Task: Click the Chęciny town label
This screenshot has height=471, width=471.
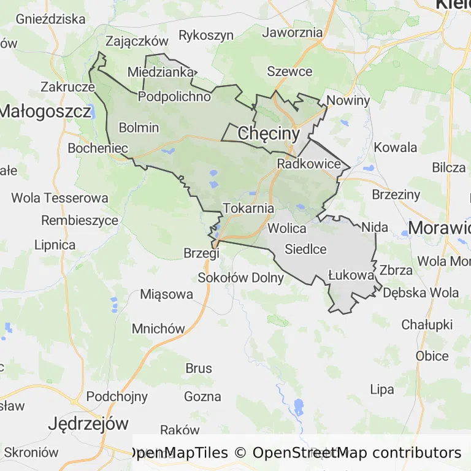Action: (x=268, y=133)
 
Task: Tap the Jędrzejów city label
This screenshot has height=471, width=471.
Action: (x=89, y=423)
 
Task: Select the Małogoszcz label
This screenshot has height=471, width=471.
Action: (x=46, y=111)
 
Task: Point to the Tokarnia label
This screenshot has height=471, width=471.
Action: (x=248, y=208)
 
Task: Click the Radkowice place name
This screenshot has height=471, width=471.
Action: (x=308, y=164)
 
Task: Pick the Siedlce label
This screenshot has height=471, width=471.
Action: (x=305, y=249)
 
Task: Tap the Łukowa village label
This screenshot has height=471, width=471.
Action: (x=351, y=275)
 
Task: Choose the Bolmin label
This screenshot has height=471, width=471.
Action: (x=139, y=128)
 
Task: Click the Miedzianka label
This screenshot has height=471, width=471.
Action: (x=160, y=72)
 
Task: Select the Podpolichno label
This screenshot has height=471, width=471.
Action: (x=175, y=96)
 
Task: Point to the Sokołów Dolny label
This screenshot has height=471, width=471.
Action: (x=241, y=278)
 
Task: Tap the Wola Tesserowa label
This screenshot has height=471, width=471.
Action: (x=59, y=198)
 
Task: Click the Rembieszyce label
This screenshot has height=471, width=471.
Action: (x=80, y=220)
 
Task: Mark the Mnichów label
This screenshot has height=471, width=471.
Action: (x=158, y=328)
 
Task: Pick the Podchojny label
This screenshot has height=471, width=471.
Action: (x=117, y=396)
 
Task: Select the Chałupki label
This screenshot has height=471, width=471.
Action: (x=427, y=324)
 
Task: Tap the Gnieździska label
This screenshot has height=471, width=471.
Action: (x=51, y=18)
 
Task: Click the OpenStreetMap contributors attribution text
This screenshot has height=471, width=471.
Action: (x=357, y=453)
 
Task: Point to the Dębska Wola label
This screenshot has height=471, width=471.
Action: (x=421, y=293)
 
